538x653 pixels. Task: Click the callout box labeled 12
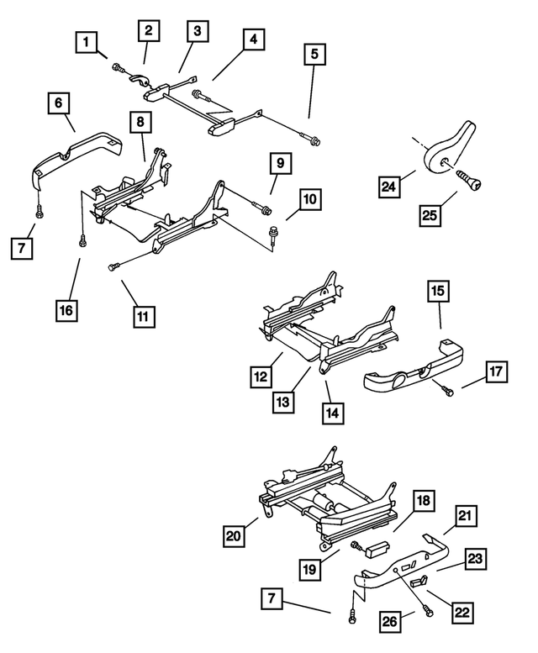262,377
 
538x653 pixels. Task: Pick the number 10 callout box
311,201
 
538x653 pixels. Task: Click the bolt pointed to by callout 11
113,266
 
